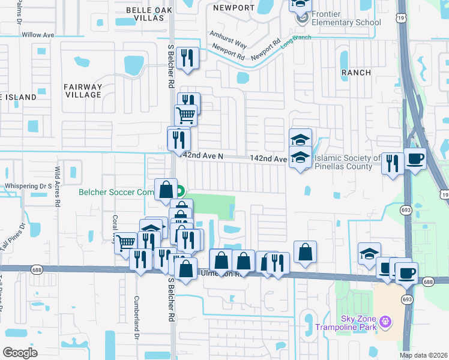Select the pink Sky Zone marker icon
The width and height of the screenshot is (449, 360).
(x=384, y=323)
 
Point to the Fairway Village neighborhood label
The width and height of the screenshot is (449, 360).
(x=83, y=91)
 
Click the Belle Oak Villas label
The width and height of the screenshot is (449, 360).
(x=145, y=14)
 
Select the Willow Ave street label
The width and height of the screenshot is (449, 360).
(x=38, y=35)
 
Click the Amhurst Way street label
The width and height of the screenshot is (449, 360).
(x=228, y=40)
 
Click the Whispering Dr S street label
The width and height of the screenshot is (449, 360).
(x=28, y=186)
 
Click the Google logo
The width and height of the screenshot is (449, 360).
(x=20, y=352)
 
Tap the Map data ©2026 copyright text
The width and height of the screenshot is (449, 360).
(x=424, y=355)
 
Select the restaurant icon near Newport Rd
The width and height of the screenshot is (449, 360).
(x=187, y=58)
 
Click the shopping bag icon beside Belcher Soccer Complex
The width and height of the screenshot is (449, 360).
(x=166, y=190)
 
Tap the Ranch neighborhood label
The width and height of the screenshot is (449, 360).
(x=355, y=72)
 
